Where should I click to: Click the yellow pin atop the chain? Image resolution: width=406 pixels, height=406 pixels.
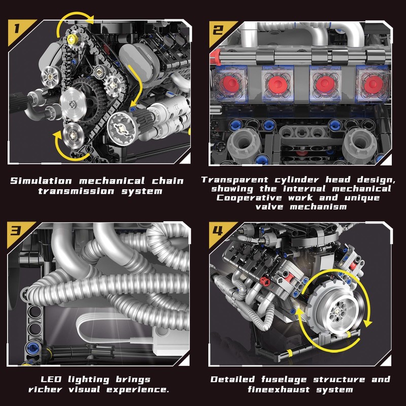point(72,39)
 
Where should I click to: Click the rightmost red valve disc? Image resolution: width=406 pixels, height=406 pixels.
point(373,82)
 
